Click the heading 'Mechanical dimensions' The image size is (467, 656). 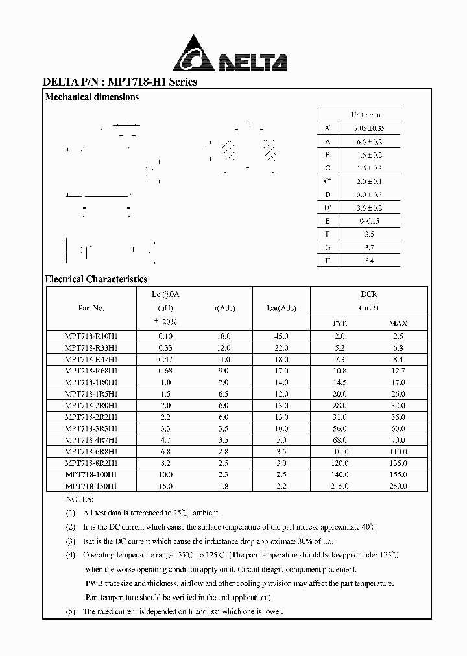(x=91, y=97)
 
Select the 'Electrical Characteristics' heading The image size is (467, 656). (x=96, y=279)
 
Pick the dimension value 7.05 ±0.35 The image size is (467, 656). (x=368, y=128)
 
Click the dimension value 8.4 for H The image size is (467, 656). (x=369, y=261)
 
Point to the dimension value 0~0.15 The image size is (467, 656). (x=369, y=221)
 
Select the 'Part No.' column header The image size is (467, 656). (x=91, y=309)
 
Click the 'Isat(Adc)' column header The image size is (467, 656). (x=281, y=309)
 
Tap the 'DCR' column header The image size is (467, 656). (x=369, y=294)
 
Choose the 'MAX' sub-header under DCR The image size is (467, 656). (x=398, y=323)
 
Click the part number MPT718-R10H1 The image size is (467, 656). (x=91, y=336)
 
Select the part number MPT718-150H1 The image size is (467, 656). (x=91, y=486)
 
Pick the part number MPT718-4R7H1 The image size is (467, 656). (x=91, y=440)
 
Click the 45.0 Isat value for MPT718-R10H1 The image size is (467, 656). (x=281, y=336)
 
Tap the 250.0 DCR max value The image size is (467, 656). (x=398, y=486)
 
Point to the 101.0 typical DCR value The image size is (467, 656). (x=340, y=452)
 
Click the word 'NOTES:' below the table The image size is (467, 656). (x=80, y=498)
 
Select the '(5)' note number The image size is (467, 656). (x=70, y=611)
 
